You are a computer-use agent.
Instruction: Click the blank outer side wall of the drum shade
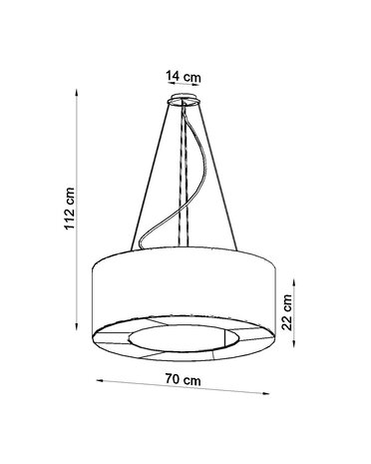185,289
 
